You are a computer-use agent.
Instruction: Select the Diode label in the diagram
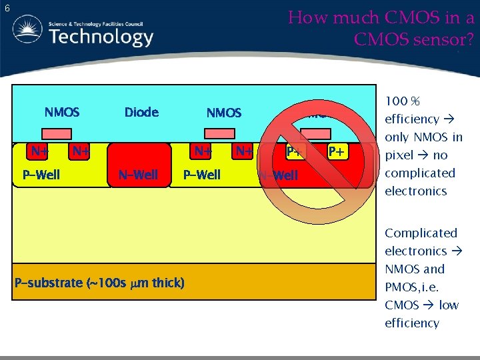point(141,112)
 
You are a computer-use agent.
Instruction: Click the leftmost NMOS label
point(62,112)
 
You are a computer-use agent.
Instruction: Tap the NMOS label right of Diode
point(224,113)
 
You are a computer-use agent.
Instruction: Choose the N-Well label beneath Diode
point(138,175)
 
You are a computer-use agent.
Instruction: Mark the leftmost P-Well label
point(41,175)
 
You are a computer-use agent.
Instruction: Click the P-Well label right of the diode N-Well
point(202,175)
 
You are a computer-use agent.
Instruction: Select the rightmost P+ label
point(338,152)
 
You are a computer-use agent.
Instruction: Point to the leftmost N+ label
point(39,151)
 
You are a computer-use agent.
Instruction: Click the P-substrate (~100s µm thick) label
point(99,283)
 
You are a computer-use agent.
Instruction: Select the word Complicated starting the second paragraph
point(421,233)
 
